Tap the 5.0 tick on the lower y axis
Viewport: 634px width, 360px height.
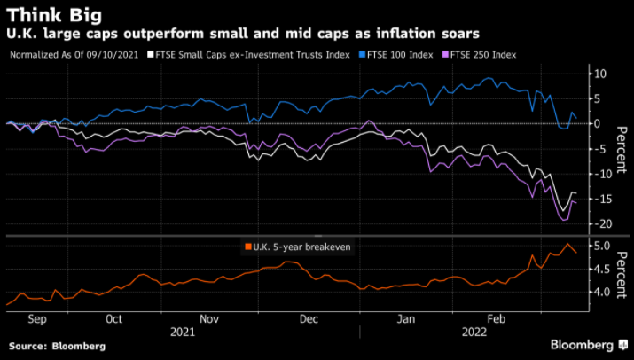pyautogui.click(x=599, y=246)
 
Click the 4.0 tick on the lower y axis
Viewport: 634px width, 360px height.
pyautogui.click(x=599, y=292)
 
